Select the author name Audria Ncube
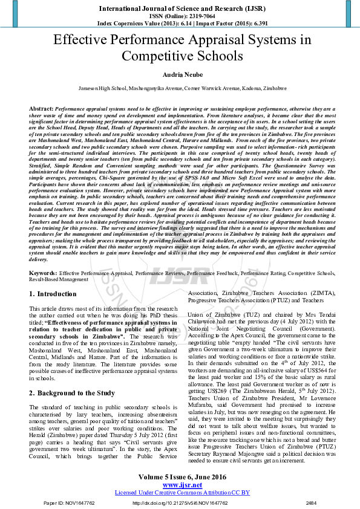coord(180,73)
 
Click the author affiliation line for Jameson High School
coord(180,88)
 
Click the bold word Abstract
coord(41,107)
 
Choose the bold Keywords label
coord(44,273)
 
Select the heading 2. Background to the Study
coord(72,393)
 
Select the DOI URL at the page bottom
coord(180,502)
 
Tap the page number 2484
coord(311,502)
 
